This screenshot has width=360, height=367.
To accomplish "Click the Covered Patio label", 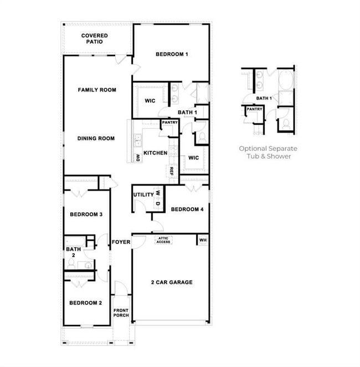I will pyautogui.click(x=95, y=38).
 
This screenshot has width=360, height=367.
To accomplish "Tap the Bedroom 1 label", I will pyautogui.click(x=172, y=54).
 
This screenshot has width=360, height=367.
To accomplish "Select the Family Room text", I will pyautogui.click(x=97, y=90).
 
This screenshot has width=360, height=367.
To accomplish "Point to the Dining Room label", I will pyautogui.click(x=96, y=139).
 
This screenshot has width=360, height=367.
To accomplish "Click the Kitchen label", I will pyautogui.click(x=155, y=153).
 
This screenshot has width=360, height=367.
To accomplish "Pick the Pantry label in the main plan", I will pyautogui.click(x=169, y=123).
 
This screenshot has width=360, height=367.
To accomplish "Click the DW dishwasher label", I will pyautogui.click(x=137, y=158).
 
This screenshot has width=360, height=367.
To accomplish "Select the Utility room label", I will pyautogui.click(x=142, y=195).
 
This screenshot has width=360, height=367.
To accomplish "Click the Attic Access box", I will pyautogui.click(x=163, y=240).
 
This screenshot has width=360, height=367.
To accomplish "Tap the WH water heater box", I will pyautogui.click(x=203, y=240).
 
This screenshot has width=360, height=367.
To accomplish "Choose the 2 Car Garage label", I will pyautogui.click(x=172, y=282).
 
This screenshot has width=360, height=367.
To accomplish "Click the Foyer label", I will pyautogui.click(x=121, y=242).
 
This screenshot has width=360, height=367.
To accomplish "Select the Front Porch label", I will pyautogui.click(x=121, y=313).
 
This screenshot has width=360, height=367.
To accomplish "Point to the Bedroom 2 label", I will pyautogui.click(x=85, y=303).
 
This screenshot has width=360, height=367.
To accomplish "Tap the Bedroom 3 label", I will pyautogui.click(x=85, y=215).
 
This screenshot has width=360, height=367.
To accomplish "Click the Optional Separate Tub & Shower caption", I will pyautogui.click(x=268, y=152).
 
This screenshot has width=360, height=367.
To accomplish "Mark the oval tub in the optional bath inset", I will pyautogui.click(x=286, y=81).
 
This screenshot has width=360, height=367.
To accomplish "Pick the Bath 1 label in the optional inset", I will pyautogui.click(x=264, y=98).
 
